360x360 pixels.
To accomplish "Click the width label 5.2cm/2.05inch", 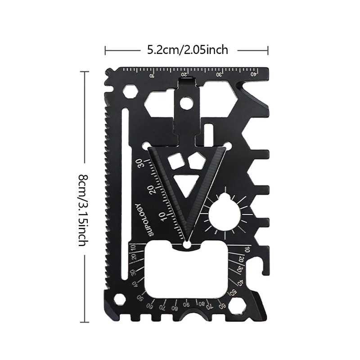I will click(187, 49).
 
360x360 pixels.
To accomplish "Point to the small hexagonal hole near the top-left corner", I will click(130, 92).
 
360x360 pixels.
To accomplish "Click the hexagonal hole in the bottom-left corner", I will click(119, 300).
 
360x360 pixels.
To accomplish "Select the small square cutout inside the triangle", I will click(174, 161).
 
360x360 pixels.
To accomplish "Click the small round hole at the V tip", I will click(187, 244).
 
